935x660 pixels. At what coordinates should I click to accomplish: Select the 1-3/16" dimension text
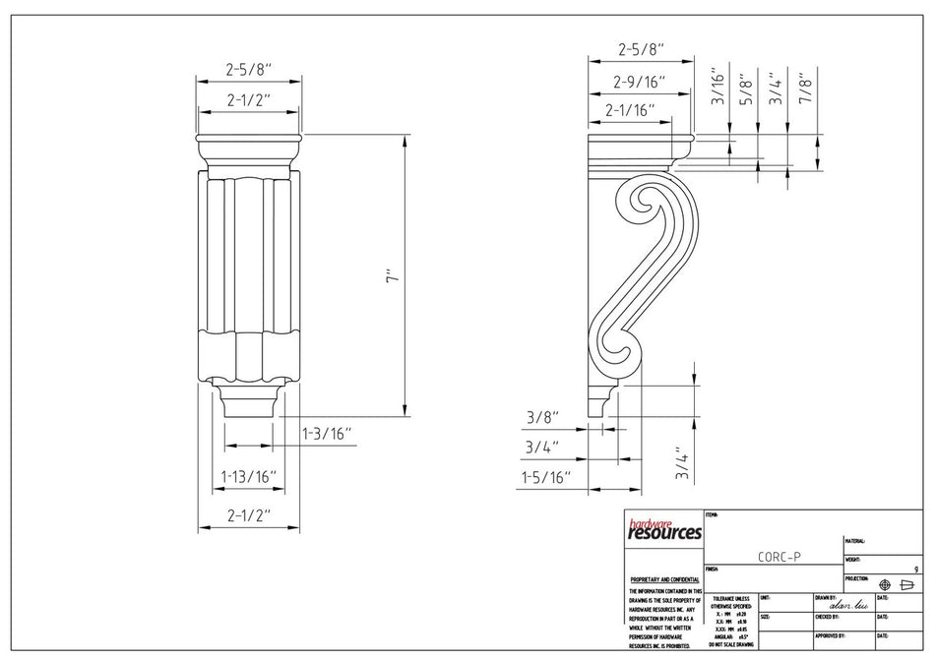coord(326,433)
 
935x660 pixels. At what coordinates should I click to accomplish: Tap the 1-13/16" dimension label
coord(248,477)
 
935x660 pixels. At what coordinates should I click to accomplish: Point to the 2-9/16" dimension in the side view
coord(640,82)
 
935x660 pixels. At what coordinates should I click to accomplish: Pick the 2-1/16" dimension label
coord(630,110)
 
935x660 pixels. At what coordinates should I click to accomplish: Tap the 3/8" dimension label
coord(541,417)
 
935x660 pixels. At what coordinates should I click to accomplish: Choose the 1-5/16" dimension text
coord(546,477)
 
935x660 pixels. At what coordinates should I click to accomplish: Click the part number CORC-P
coord(779,556)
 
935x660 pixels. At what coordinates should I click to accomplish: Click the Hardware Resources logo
coord(664,530)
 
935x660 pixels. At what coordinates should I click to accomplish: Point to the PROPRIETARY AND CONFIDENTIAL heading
coord(664,580)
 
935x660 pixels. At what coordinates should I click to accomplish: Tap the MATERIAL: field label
coord(854,541)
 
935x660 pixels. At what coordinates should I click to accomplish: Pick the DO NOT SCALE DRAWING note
coord(731,643)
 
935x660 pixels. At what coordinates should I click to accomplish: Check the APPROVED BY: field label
coord(831,635)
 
